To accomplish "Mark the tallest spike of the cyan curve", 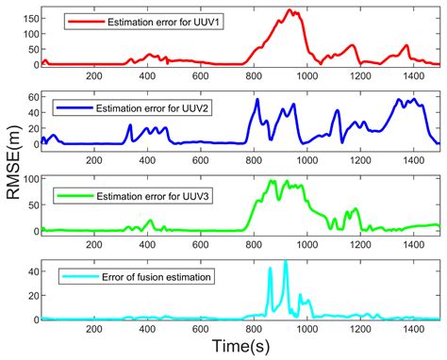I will click(x=285, y=263).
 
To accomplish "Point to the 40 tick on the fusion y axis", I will click(x=31, y=270).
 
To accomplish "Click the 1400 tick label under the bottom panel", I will click(x=411, y=331).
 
